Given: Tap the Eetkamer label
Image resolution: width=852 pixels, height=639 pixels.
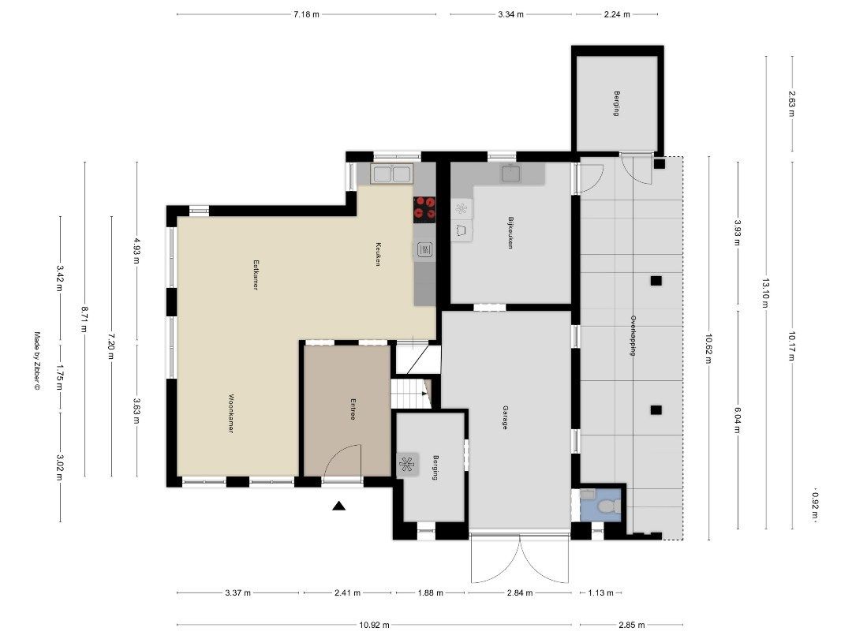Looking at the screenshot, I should (x=256, y=276).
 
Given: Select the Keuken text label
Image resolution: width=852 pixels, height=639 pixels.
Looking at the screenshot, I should (x=378, y=253).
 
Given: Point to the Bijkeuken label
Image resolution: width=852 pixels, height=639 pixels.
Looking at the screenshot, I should (x=510, y=234).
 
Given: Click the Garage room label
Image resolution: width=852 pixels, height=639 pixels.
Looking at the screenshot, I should (x=504, y=417).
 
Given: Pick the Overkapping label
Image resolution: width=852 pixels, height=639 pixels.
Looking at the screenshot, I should (x=633, y=337).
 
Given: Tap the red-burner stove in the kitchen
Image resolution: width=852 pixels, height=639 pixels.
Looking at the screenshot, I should (x=424, y=207).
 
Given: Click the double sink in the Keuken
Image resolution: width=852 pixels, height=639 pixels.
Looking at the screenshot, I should (x=392, y=174).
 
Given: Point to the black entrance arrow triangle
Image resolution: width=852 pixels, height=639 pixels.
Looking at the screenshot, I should (x=339, y=506).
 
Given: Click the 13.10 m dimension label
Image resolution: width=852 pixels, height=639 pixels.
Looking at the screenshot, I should (x=764, y=293).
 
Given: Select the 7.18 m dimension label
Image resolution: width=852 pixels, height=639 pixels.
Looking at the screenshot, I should (x=306, y=14).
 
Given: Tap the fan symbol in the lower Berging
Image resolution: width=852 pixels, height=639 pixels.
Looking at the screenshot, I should (x=408, y=464).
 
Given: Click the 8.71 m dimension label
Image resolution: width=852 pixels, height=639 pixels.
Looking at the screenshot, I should (x=84, y=319).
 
